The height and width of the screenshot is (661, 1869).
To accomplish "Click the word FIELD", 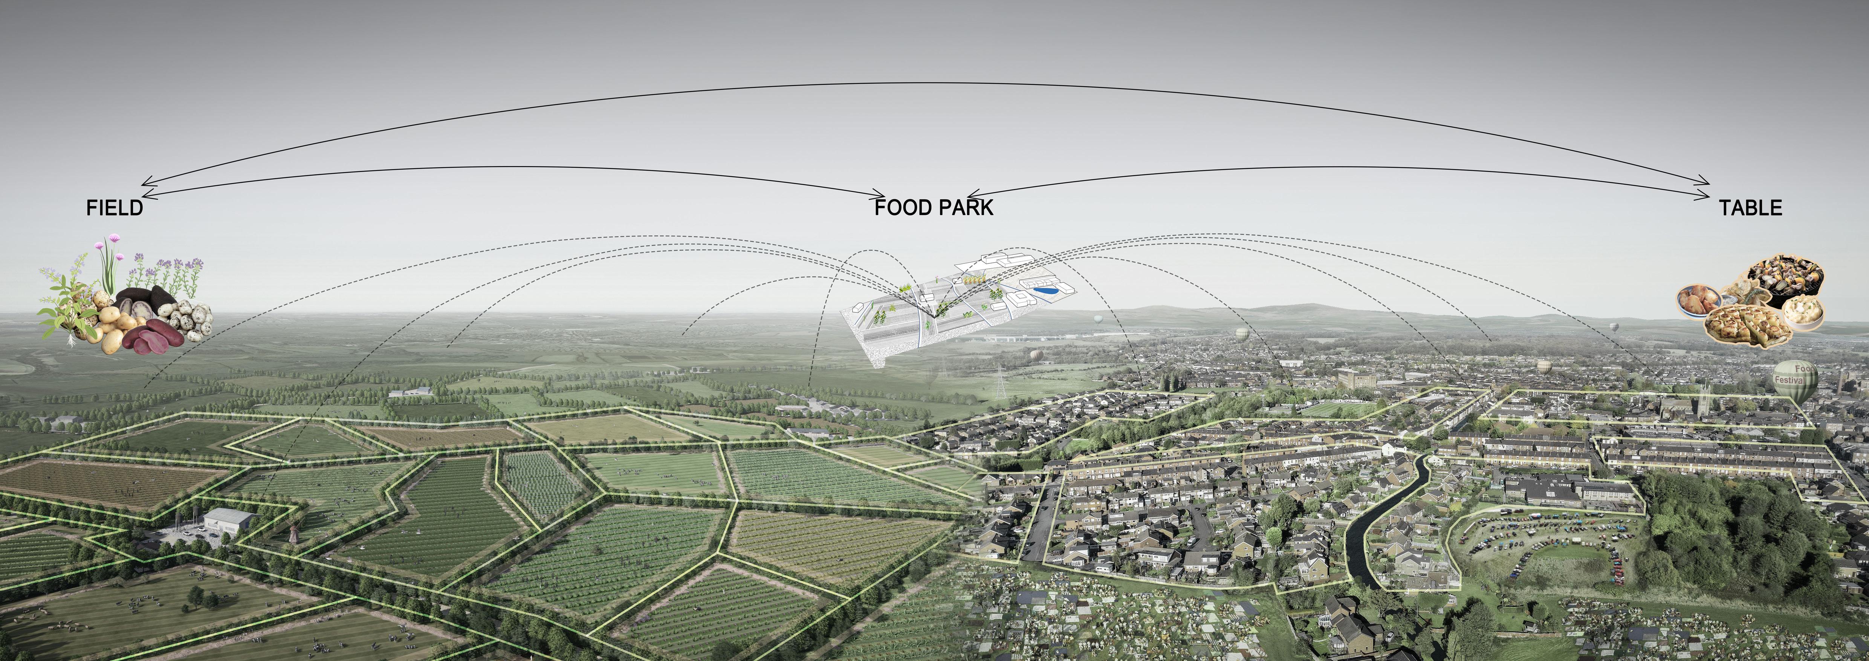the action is [115, 208].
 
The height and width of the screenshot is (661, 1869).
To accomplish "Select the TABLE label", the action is [1750, 208].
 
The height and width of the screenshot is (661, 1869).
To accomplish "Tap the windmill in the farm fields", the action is [294, 532].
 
